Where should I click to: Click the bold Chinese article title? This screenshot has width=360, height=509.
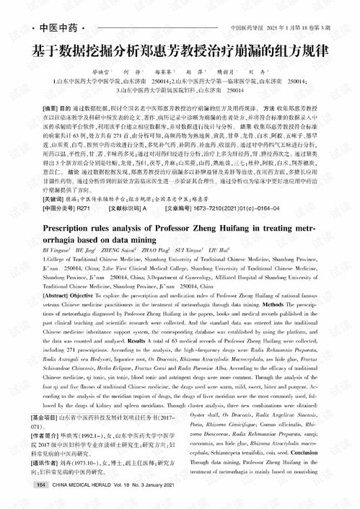(x=180, y=53)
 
